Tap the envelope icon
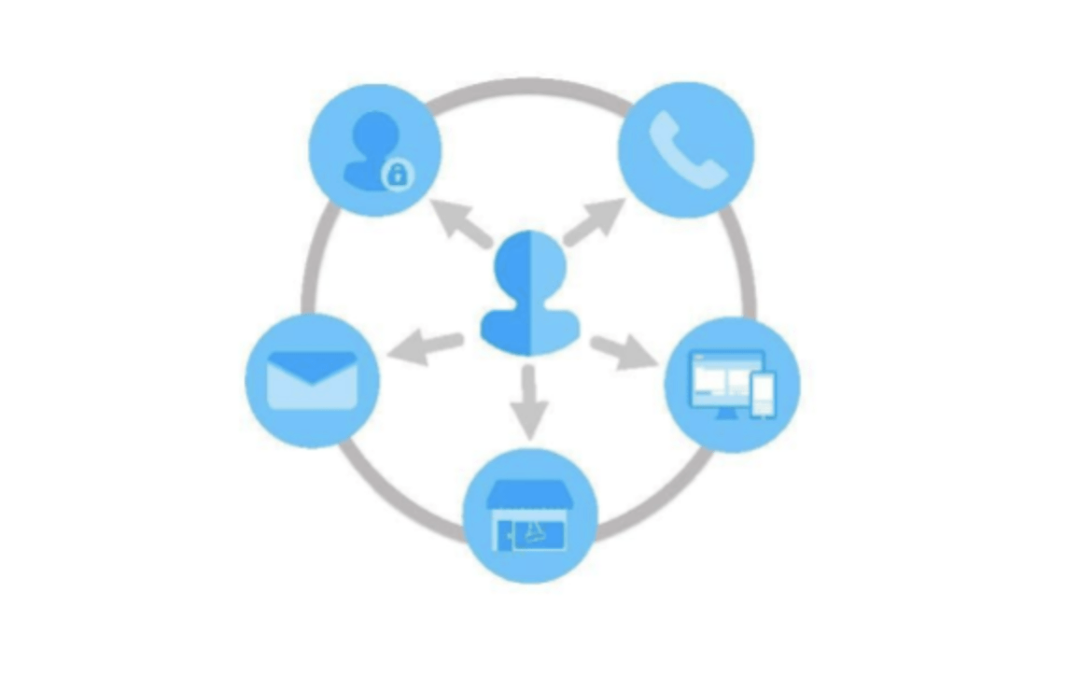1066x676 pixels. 312,380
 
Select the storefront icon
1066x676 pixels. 529,516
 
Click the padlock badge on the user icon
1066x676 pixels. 397,174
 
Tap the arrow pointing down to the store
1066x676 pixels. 529,401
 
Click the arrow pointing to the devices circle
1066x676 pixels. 623,352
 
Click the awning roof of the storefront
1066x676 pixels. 529,495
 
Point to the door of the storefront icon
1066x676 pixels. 504,535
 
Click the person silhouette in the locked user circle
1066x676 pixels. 367,149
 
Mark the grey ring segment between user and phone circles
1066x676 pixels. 529,84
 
